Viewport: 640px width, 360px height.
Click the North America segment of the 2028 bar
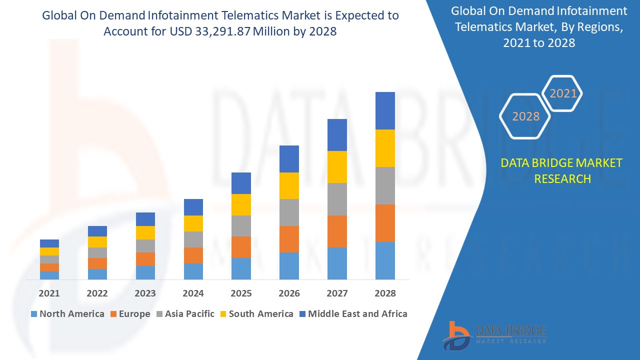pos(385,260)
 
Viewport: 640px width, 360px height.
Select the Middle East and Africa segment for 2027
pos(337,135)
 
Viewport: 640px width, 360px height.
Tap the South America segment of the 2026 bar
pos(289,185)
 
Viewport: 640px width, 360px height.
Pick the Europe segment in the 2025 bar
pos(241,247)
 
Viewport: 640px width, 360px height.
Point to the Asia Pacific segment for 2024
pos(193,239)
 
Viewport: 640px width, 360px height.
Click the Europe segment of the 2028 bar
pos(385,223)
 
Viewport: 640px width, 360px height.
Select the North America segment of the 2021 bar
pos(49,275)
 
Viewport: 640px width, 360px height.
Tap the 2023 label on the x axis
pos(145,293)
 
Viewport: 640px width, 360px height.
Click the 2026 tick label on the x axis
pos(289,293)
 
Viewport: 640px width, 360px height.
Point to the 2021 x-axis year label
pos(49,293)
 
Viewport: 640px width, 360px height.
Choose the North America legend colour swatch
pos(34,314)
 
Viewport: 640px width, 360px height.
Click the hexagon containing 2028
pos(525,116)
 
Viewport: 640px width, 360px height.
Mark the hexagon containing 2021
pos(563,93)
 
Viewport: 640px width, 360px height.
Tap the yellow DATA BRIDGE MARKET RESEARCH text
pos(561,170)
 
